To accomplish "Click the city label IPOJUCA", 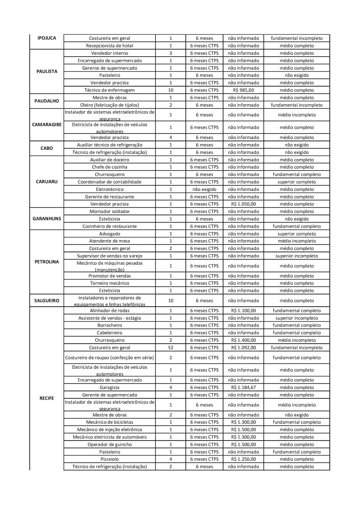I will coord(46,38).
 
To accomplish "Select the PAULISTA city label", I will coord(47,72).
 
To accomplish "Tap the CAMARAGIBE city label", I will coord(47,125).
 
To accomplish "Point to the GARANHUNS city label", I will coord(47,219).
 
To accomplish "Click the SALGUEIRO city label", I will coord(47,301).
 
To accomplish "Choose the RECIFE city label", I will coord(47,398).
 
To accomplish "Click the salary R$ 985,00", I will coord(243,90).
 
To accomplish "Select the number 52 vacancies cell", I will coord(171,348).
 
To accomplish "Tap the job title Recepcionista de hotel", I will coord(109,46).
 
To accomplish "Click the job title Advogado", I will coord(109,234).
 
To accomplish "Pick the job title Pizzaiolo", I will coord(109,459).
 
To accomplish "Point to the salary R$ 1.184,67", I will coord(243,387).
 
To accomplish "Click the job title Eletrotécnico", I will coord(109,189).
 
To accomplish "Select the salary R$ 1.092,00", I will coord(243,348).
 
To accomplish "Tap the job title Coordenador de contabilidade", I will coord(109,182).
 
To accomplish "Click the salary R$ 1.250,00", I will coord(243,459).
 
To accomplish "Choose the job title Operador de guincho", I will coord(109,445).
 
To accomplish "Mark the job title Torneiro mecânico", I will coord(109,283).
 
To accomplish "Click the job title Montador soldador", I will coord(109,212).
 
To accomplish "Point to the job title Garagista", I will coord(109,387).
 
